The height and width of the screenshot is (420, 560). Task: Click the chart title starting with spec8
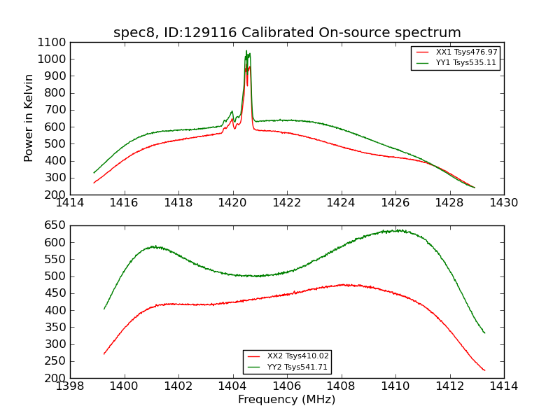287,33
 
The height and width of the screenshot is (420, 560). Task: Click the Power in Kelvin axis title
29,118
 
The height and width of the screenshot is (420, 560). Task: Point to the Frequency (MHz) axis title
287,400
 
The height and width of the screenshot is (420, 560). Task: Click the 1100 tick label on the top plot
53,42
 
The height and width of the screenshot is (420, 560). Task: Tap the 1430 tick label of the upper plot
503,203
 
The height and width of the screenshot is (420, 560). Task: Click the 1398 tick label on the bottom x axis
70,386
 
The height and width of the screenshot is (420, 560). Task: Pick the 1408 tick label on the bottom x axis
341,386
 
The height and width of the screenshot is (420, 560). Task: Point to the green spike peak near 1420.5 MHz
246,51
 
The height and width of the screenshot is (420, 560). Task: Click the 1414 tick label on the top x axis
70,203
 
